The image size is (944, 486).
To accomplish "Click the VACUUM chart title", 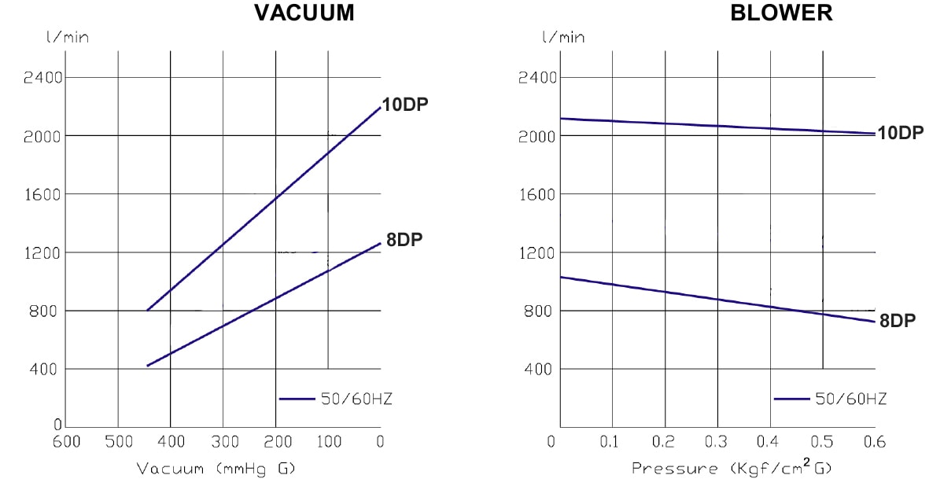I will pos(304,13).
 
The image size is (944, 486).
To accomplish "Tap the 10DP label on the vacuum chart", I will pos(405,105).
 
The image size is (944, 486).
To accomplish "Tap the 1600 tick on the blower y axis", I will pos(537,193).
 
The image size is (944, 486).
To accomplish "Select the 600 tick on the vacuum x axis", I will pos(66,441).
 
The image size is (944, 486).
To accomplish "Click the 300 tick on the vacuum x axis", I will pos(223,441).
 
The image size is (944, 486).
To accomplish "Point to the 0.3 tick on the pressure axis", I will pos(717,441).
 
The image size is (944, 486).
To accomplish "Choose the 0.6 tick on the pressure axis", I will pos(874,441).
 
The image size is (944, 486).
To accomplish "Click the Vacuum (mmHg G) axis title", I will pos(216,469).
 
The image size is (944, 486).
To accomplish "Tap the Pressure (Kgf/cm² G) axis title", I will pos(732,468).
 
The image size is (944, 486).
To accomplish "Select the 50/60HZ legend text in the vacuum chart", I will pos(356,399).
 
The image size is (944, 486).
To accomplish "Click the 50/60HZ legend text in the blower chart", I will pos(851,399).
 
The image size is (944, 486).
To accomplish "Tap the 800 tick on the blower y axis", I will pos(542,311).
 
